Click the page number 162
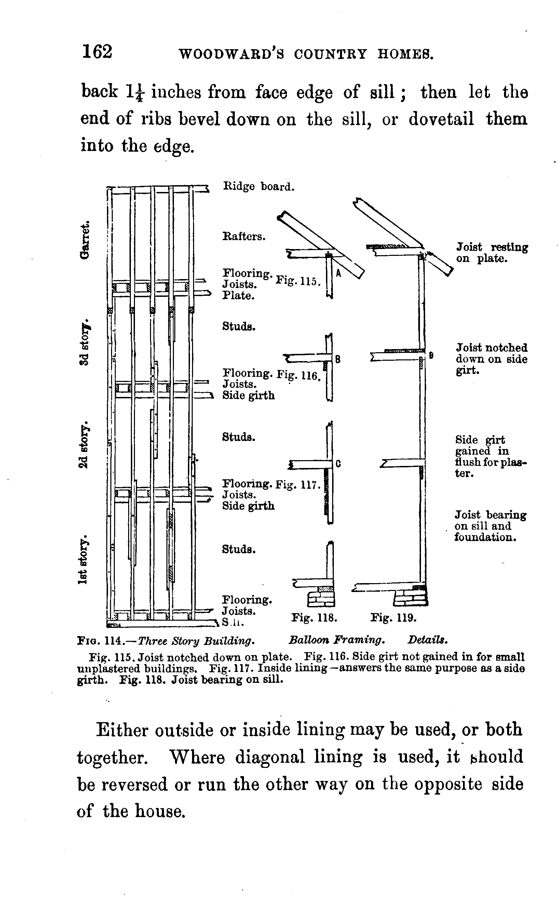97,51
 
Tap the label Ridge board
259,187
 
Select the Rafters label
244,236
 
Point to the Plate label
238,296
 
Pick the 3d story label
84,341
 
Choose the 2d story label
84,444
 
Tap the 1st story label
84,559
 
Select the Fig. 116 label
298,375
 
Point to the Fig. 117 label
298,484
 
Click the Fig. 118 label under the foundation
314,618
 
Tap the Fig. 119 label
393,618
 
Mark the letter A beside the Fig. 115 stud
338,273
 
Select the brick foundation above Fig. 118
321,600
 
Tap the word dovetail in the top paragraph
441,119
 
